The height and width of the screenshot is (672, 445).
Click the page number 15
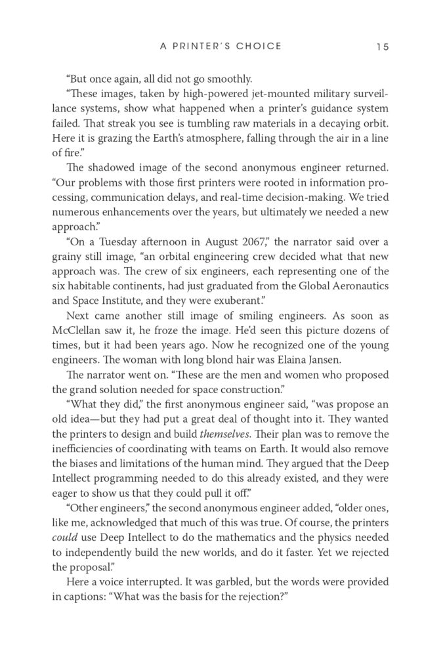coord(383,47)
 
